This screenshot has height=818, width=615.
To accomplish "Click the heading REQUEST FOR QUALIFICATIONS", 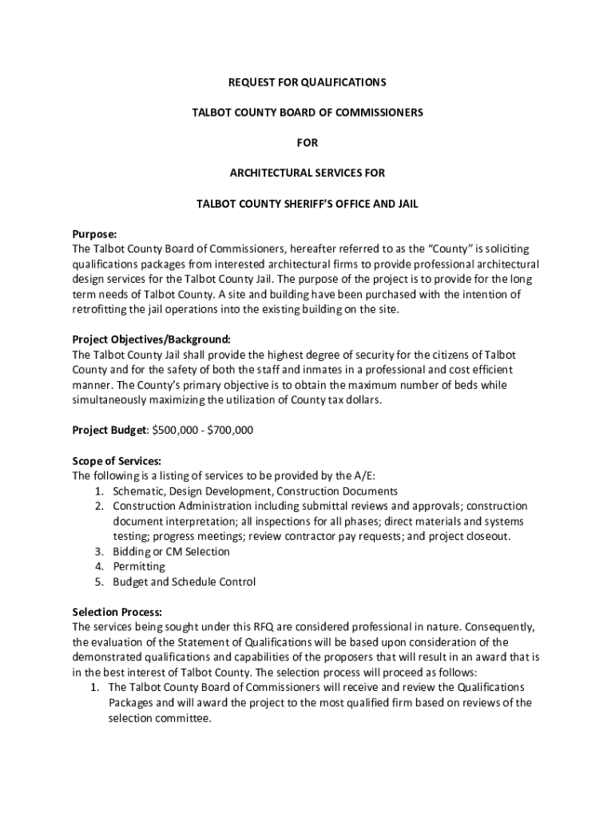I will [307, 82].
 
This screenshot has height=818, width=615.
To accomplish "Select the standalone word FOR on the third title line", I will [307, 143].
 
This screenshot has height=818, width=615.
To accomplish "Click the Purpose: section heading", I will [95, 234].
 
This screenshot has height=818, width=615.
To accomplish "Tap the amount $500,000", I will [175, 431].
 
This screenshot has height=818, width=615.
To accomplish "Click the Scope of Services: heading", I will [117, 461].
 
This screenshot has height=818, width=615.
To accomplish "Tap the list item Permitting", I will [139, 566].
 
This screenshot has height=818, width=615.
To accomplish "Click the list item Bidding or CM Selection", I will [171, 551].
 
